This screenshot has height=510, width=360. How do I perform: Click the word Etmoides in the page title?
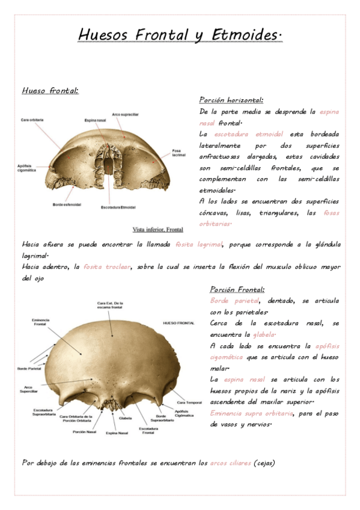click(247, 35)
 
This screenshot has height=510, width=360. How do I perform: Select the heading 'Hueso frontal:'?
click(50, 91)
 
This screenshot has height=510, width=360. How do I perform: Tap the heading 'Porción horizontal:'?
click(231, 100)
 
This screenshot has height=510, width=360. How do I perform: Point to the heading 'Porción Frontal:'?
click(237, 289)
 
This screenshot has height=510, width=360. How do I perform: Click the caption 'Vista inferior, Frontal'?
click(158, 229)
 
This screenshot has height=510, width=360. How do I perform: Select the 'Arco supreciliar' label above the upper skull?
click(125, 114)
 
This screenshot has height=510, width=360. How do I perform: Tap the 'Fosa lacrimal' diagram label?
click(178, 152)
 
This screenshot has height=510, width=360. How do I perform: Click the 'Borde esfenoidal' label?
click(66, 204)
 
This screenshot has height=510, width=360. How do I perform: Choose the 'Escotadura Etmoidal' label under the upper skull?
click(118, 207)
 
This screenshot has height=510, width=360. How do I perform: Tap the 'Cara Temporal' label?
click(189, 402)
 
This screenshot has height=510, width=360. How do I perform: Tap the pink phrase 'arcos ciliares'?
click(230, 463)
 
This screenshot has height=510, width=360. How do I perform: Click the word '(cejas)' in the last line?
click(264, 463)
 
